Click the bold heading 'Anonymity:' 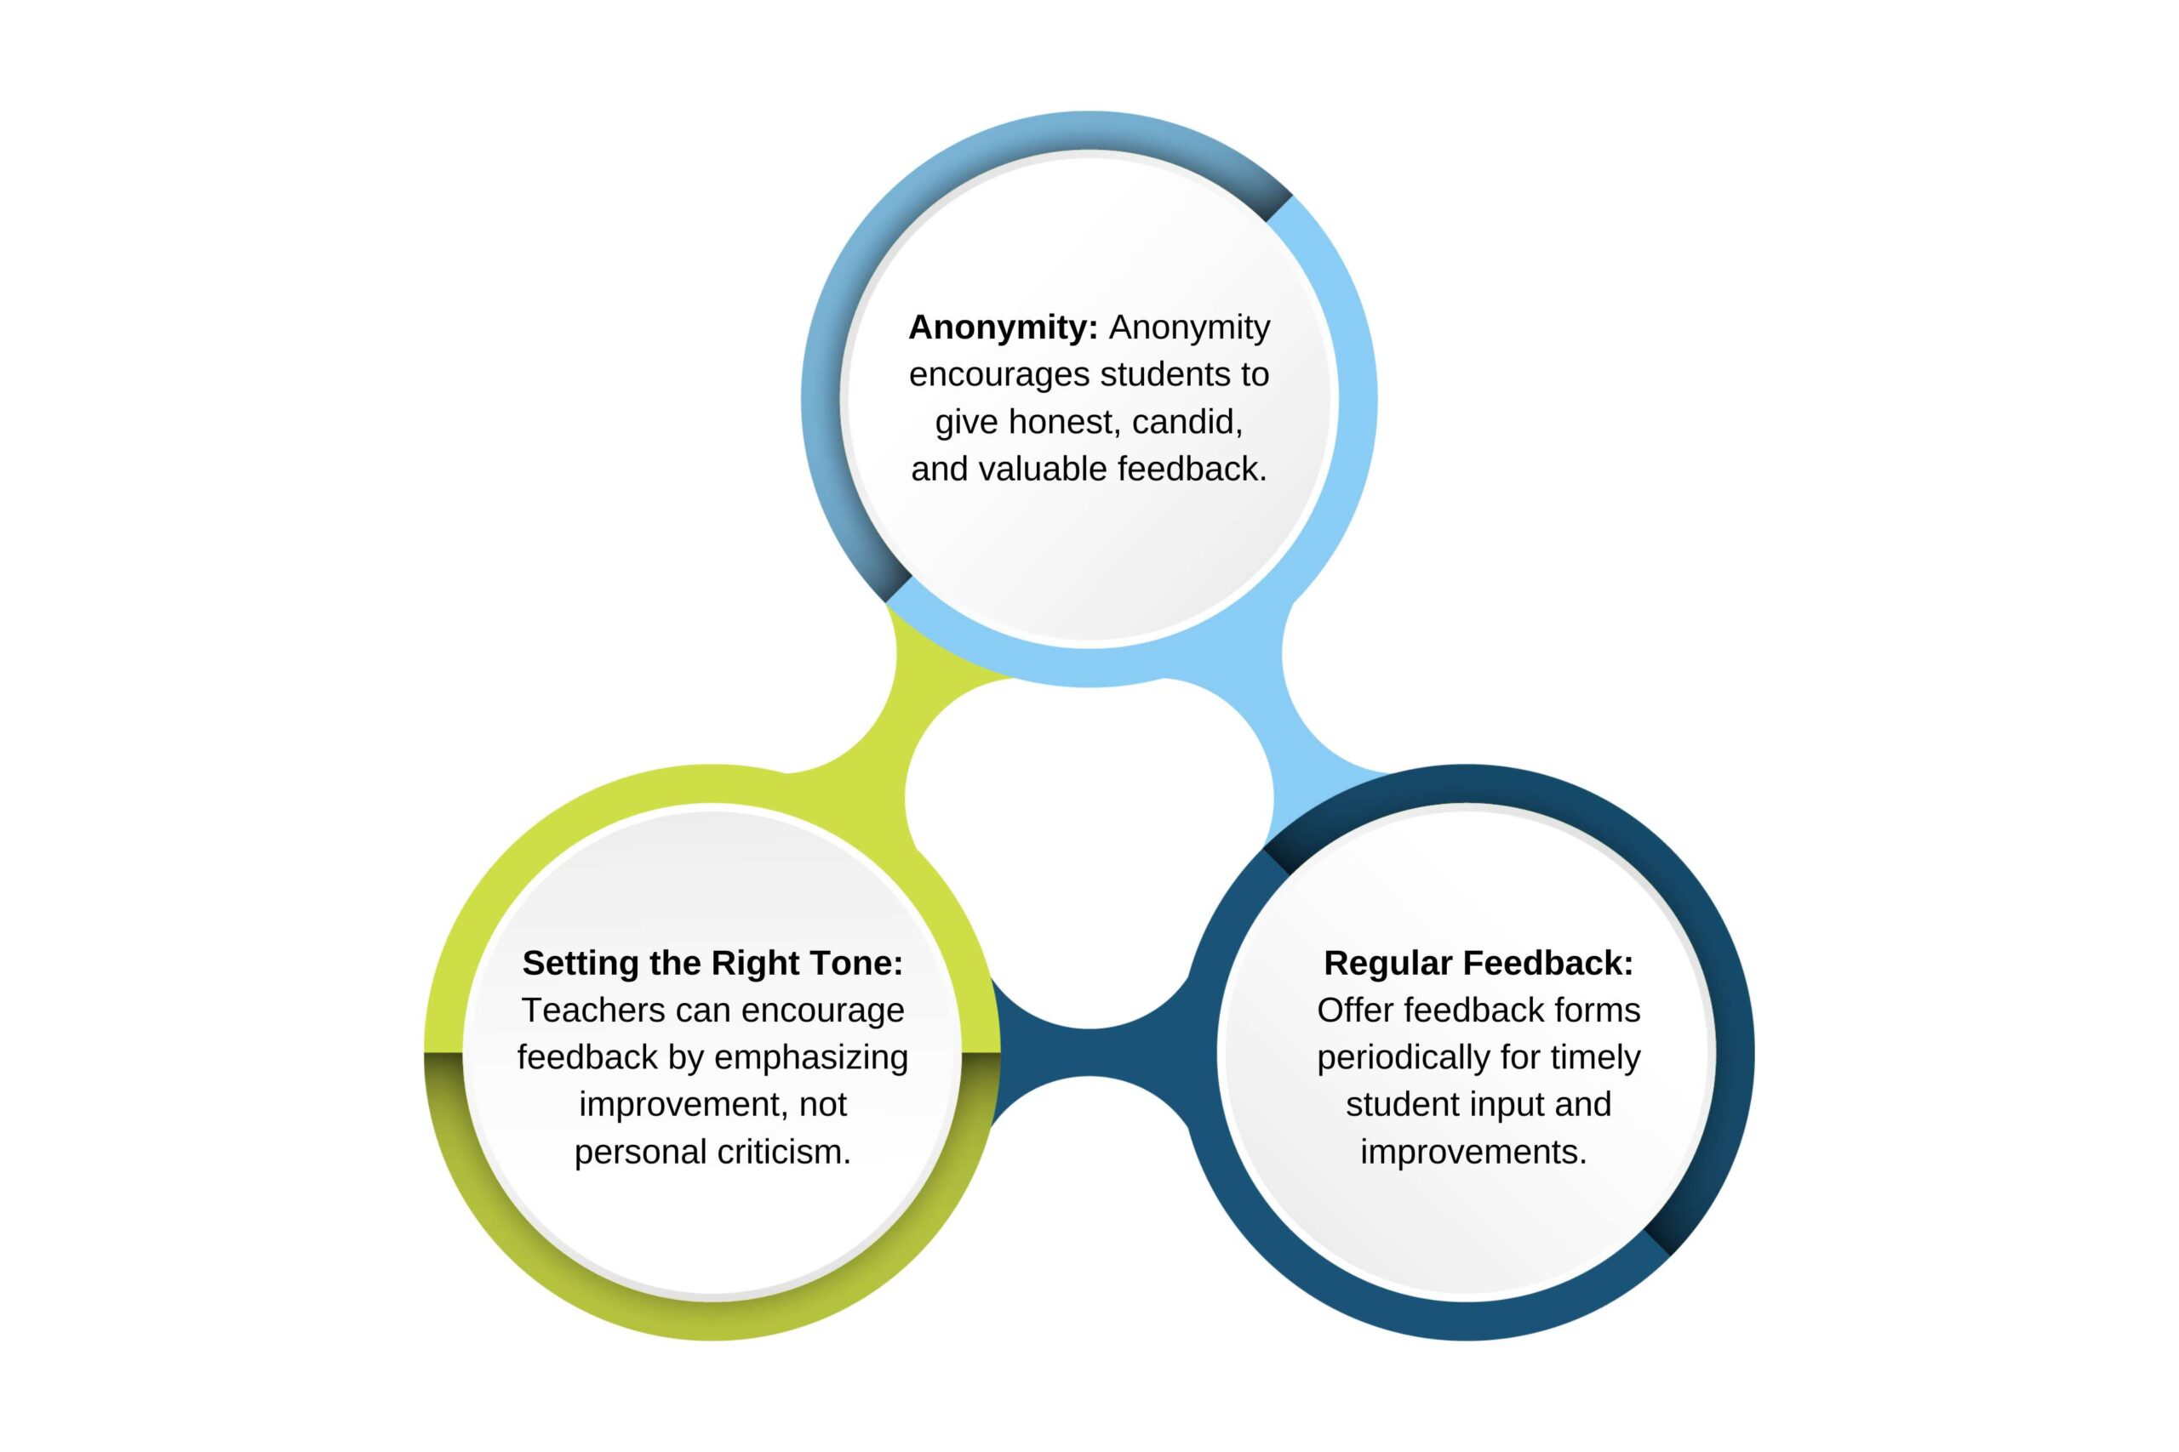pyautogui.click(x=1003, y=327)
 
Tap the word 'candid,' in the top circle pyautogui.click(x=1187, y=422)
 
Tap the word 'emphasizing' pyautogui.click(x=810, y=1057)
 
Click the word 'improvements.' pyautogui.click(x=1473, y=1152)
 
